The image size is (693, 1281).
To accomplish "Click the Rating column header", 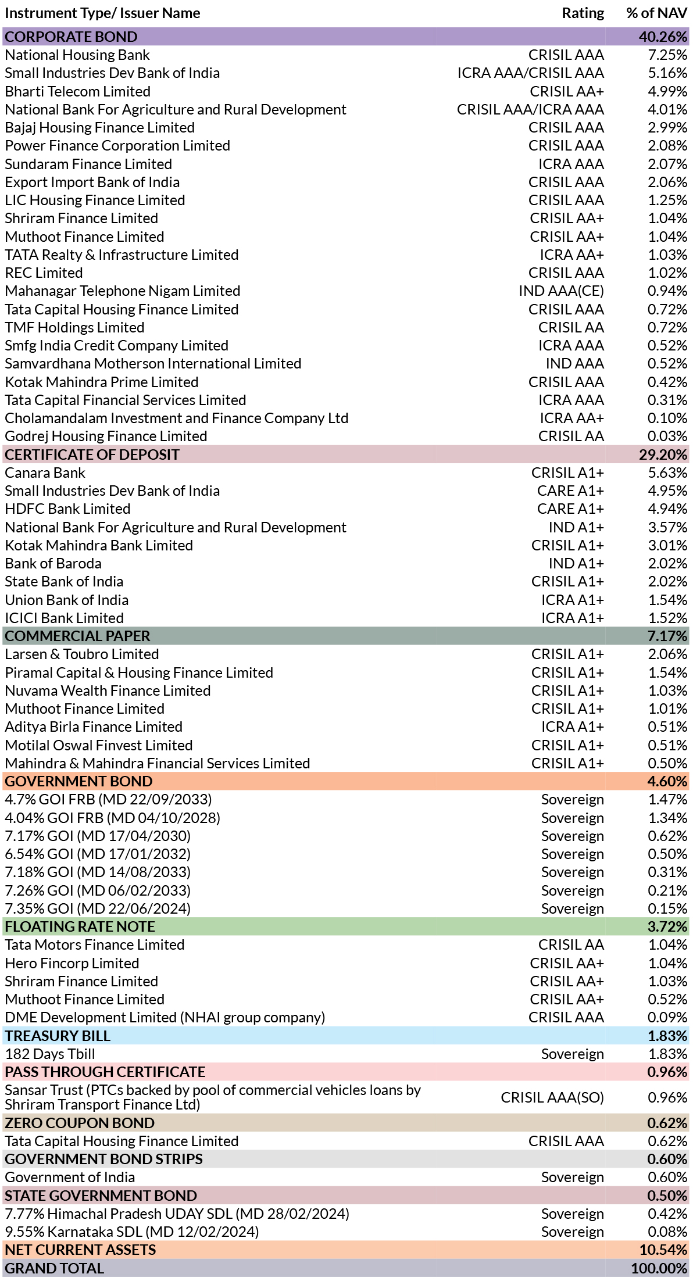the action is pos(583,13).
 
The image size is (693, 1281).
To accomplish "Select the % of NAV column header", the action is pos(657,13).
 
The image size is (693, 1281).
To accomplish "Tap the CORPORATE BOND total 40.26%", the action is pos(663,37).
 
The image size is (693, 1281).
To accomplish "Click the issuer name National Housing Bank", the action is pos(77,55).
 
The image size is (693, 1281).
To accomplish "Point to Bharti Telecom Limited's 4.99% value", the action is pos(667,91).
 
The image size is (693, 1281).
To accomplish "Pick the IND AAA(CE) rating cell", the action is pos(561,291).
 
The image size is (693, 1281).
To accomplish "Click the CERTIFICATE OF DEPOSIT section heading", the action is pos(92,455).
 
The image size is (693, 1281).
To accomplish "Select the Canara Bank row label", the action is pos(45,473).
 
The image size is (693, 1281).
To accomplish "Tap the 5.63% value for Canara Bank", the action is pos(667,473).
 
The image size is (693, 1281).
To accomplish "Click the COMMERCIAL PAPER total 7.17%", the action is pos(667,636).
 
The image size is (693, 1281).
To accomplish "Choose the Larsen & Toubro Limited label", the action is pos(81,654).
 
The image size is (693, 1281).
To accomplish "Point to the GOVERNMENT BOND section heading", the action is pos(78,781).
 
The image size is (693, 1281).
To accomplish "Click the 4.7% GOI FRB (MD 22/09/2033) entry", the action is pos(108,799).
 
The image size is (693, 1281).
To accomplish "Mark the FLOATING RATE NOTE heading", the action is pos(80,926).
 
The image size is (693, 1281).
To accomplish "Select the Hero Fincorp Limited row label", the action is pos(72,963).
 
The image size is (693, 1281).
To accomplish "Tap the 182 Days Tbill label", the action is pos(49,1054).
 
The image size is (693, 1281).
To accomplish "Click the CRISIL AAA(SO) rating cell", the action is pos(552,1097).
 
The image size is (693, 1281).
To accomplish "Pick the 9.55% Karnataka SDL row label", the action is pos(131,1232).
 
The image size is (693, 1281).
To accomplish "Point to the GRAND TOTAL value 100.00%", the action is pos(659,1268).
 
